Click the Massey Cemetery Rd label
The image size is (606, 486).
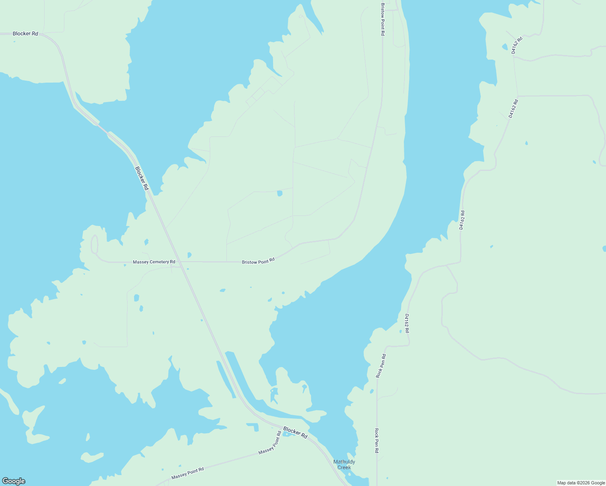pyautogui.click(x=154, y=262)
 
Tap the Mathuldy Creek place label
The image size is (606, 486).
pyautogui.click(x=344, y=465)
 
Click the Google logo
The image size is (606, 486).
pyautogui.click(x=14, y=481)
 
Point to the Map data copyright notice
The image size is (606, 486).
pyautogui.click(x=581, y=483)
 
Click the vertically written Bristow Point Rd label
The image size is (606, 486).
pyautogui.click(x=382, y=19)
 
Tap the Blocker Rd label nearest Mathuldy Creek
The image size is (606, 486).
pyautogui.click(x=295, y=433)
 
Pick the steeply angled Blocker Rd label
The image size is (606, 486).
pyautogui.click(x=142, y=179)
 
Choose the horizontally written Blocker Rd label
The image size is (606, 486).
pyautogui.click(x=25, y=34)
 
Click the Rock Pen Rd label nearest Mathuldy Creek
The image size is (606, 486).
pyautogui.click(x=377, y=440)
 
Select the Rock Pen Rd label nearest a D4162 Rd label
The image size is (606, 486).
pyautogui.click(x=381, y=366)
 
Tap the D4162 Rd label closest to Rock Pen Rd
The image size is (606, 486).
pyautogui.click(x=407, y=324)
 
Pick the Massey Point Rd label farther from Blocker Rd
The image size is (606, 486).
pyautogui.click(x=188, y=473)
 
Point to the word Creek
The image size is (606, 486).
pyautogui.click(x=344, y=467)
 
